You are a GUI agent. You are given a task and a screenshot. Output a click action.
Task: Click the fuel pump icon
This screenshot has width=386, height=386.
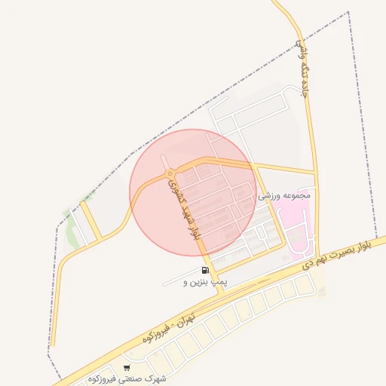(204, 271)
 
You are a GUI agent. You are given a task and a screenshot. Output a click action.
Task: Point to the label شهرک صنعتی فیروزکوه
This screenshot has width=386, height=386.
(125, 378)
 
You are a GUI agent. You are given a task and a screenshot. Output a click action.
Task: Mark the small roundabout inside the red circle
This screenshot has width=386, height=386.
(170, 174)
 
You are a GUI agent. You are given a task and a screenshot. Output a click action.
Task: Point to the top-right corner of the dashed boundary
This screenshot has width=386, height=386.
(348, 12)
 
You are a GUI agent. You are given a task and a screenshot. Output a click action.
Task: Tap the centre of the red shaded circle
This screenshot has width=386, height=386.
(194, 192)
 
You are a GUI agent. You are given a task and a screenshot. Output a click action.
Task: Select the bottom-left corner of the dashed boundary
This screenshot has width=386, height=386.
(50, 350)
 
